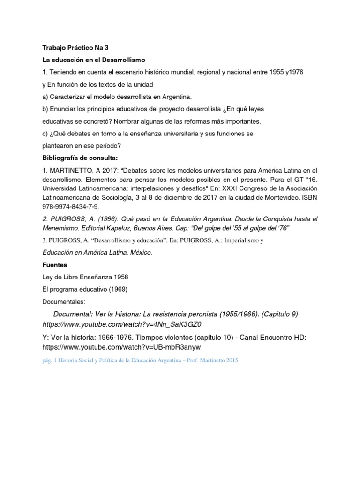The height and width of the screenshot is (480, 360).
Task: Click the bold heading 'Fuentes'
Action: (x=55, y=264)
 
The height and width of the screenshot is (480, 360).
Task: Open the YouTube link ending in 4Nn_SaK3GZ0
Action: (x=124, y=324)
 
